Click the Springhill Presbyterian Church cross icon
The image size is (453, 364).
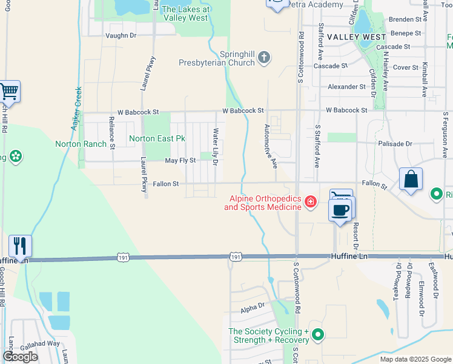(x=263, y=57)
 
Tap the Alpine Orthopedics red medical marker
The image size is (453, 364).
(x=311, y=201)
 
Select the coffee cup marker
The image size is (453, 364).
(x=340, y=210)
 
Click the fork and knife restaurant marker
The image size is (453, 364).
(x=19, y=246)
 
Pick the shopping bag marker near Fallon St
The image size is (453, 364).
(x=411, y=180)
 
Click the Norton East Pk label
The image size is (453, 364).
(x=157, y=139)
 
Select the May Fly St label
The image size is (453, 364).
(x=180, y=160)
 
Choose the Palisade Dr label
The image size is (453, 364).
(x=395, y=144)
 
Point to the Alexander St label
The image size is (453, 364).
(x=347, y=87)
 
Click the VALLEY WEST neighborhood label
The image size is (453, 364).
(x=357, y=37)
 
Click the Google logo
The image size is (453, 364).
(x=20, y=357)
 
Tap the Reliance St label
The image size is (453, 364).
(x=112, y=132)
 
